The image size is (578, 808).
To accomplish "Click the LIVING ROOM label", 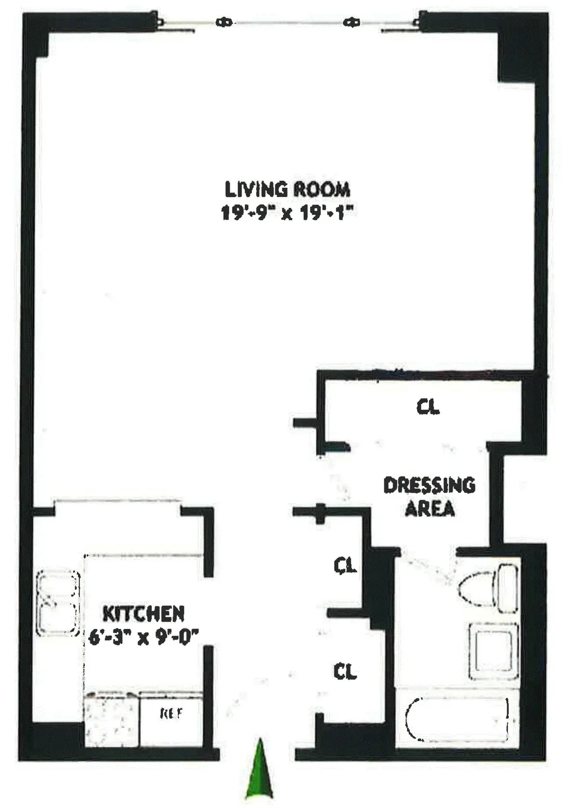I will pyautogui.click(x=288, y=189).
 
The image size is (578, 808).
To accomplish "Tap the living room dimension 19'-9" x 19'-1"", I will pyautogui.click(x=288, y=212).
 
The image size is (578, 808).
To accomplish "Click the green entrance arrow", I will pyautogui.click(x=259, y=770).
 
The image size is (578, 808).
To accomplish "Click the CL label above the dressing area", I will pyautogui.click(x=428, y=407).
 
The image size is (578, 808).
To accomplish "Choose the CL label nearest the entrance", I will pyautogui.click(x=345, y=670).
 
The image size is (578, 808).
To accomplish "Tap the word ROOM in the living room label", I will pyautogui.click(x=322, y=189).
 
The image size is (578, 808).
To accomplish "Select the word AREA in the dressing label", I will pyautogui.click(x=430, y=509).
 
